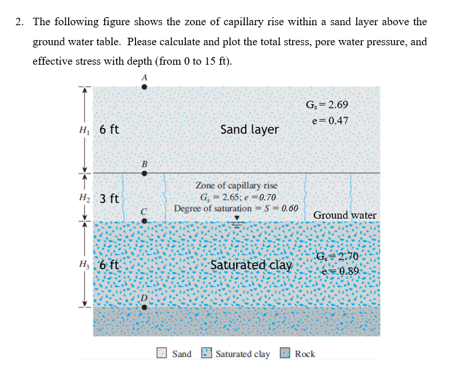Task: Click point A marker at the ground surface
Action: click(x=144, y=87)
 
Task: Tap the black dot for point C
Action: click(x=144, y=222)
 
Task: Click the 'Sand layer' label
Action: click(x=249, y=129)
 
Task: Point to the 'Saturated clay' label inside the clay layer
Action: click(x=252, y=265)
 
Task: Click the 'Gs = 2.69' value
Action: click(x=327, y=105)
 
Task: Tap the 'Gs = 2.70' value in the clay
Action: click(x=340, y=256)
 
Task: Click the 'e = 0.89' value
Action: click(x=340, y=271)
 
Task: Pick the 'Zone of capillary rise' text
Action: click(x=236, y=185)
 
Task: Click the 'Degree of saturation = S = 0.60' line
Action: click(x=236, y=208)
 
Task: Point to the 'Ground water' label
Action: click(x=345, y=215)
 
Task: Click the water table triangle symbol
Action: click(x=237, y=219)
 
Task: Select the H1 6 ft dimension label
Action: click(x=102, y=129)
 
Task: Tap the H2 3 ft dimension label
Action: click(x=102, y=199)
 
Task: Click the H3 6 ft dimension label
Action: click(x=102, y=265)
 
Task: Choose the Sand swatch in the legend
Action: click(x=162, y=353)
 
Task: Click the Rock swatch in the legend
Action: click(x=285, y=353)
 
